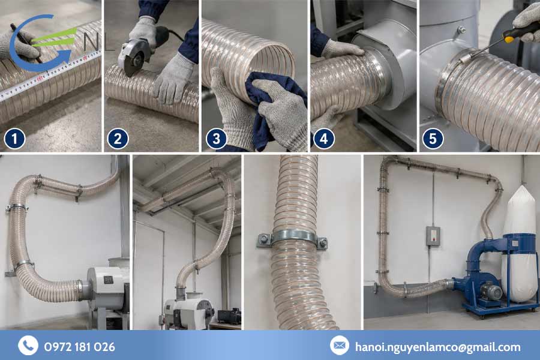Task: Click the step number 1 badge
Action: coord(14,139)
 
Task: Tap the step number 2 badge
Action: coord(118,139)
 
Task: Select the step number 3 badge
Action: coord(216,139)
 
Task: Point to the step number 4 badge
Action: coord(324,139)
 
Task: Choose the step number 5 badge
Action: coord(433,139)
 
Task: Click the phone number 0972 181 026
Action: coord(80,347)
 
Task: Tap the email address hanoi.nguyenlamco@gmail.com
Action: coord(438,347)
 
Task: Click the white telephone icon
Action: coord(28,345)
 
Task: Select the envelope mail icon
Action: coord(339,345)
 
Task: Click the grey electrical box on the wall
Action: coord(433,236)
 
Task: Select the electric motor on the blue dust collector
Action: coord(491,292)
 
